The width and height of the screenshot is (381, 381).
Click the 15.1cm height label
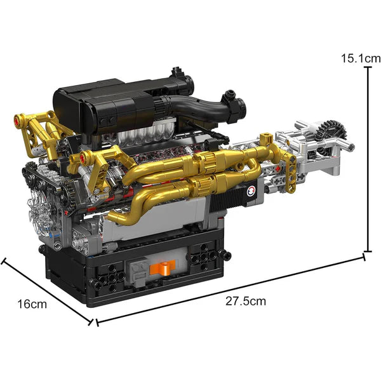355,58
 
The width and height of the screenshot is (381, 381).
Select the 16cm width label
32,304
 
